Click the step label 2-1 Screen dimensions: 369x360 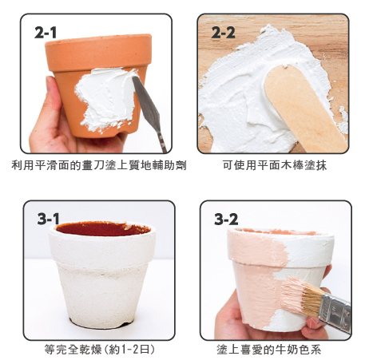[46, 33]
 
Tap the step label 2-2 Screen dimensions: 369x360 [223, 33]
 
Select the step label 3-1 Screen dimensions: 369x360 [48, 219]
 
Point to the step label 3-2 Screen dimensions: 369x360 [226, 220]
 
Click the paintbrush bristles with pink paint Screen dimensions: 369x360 [300, 295]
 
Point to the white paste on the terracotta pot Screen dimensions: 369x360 [106, 98]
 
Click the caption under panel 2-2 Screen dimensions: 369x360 [274, 165]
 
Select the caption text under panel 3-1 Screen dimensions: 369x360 [99, 349]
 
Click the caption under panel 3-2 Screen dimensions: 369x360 [268, 350]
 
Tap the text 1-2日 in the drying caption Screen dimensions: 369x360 [134, 349]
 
